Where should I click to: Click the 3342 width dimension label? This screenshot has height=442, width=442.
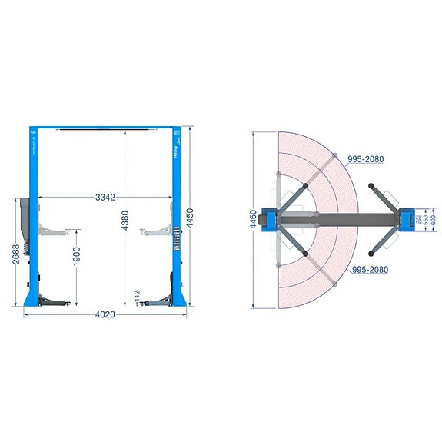pyautogui.click(x=105, y=198)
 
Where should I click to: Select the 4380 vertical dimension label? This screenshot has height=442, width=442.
pyautogui.click(x=126, y=224)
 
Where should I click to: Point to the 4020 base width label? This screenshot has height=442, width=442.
pyautogui.click(x=105, y=314)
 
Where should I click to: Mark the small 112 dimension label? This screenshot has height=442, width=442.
pyautogui.click(x=136, y=295)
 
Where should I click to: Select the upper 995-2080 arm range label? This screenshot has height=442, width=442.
pyautogui.click(x=366, y=159)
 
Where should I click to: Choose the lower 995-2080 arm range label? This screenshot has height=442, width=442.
pyautogui.click(x=369, y=271)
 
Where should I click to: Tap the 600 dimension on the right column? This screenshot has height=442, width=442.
pyautogui.click(x=433, y=220)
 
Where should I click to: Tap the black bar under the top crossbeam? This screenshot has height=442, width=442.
pyautogui.click(x=105, y=131)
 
